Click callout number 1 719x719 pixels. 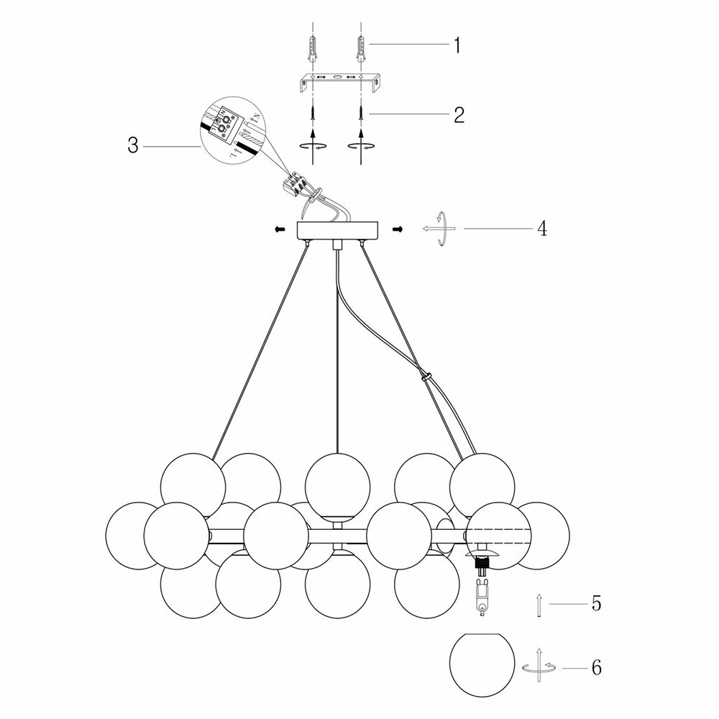pyautogui.click(x=455, y=45)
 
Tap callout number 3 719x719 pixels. pyautogui.click(x=132, y=145)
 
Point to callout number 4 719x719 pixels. pyautogui.click(x=541, y=229)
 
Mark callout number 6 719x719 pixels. pyautogui.click(x=595, y=667)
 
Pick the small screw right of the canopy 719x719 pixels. pyautogui.click(x=397, y=229)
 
